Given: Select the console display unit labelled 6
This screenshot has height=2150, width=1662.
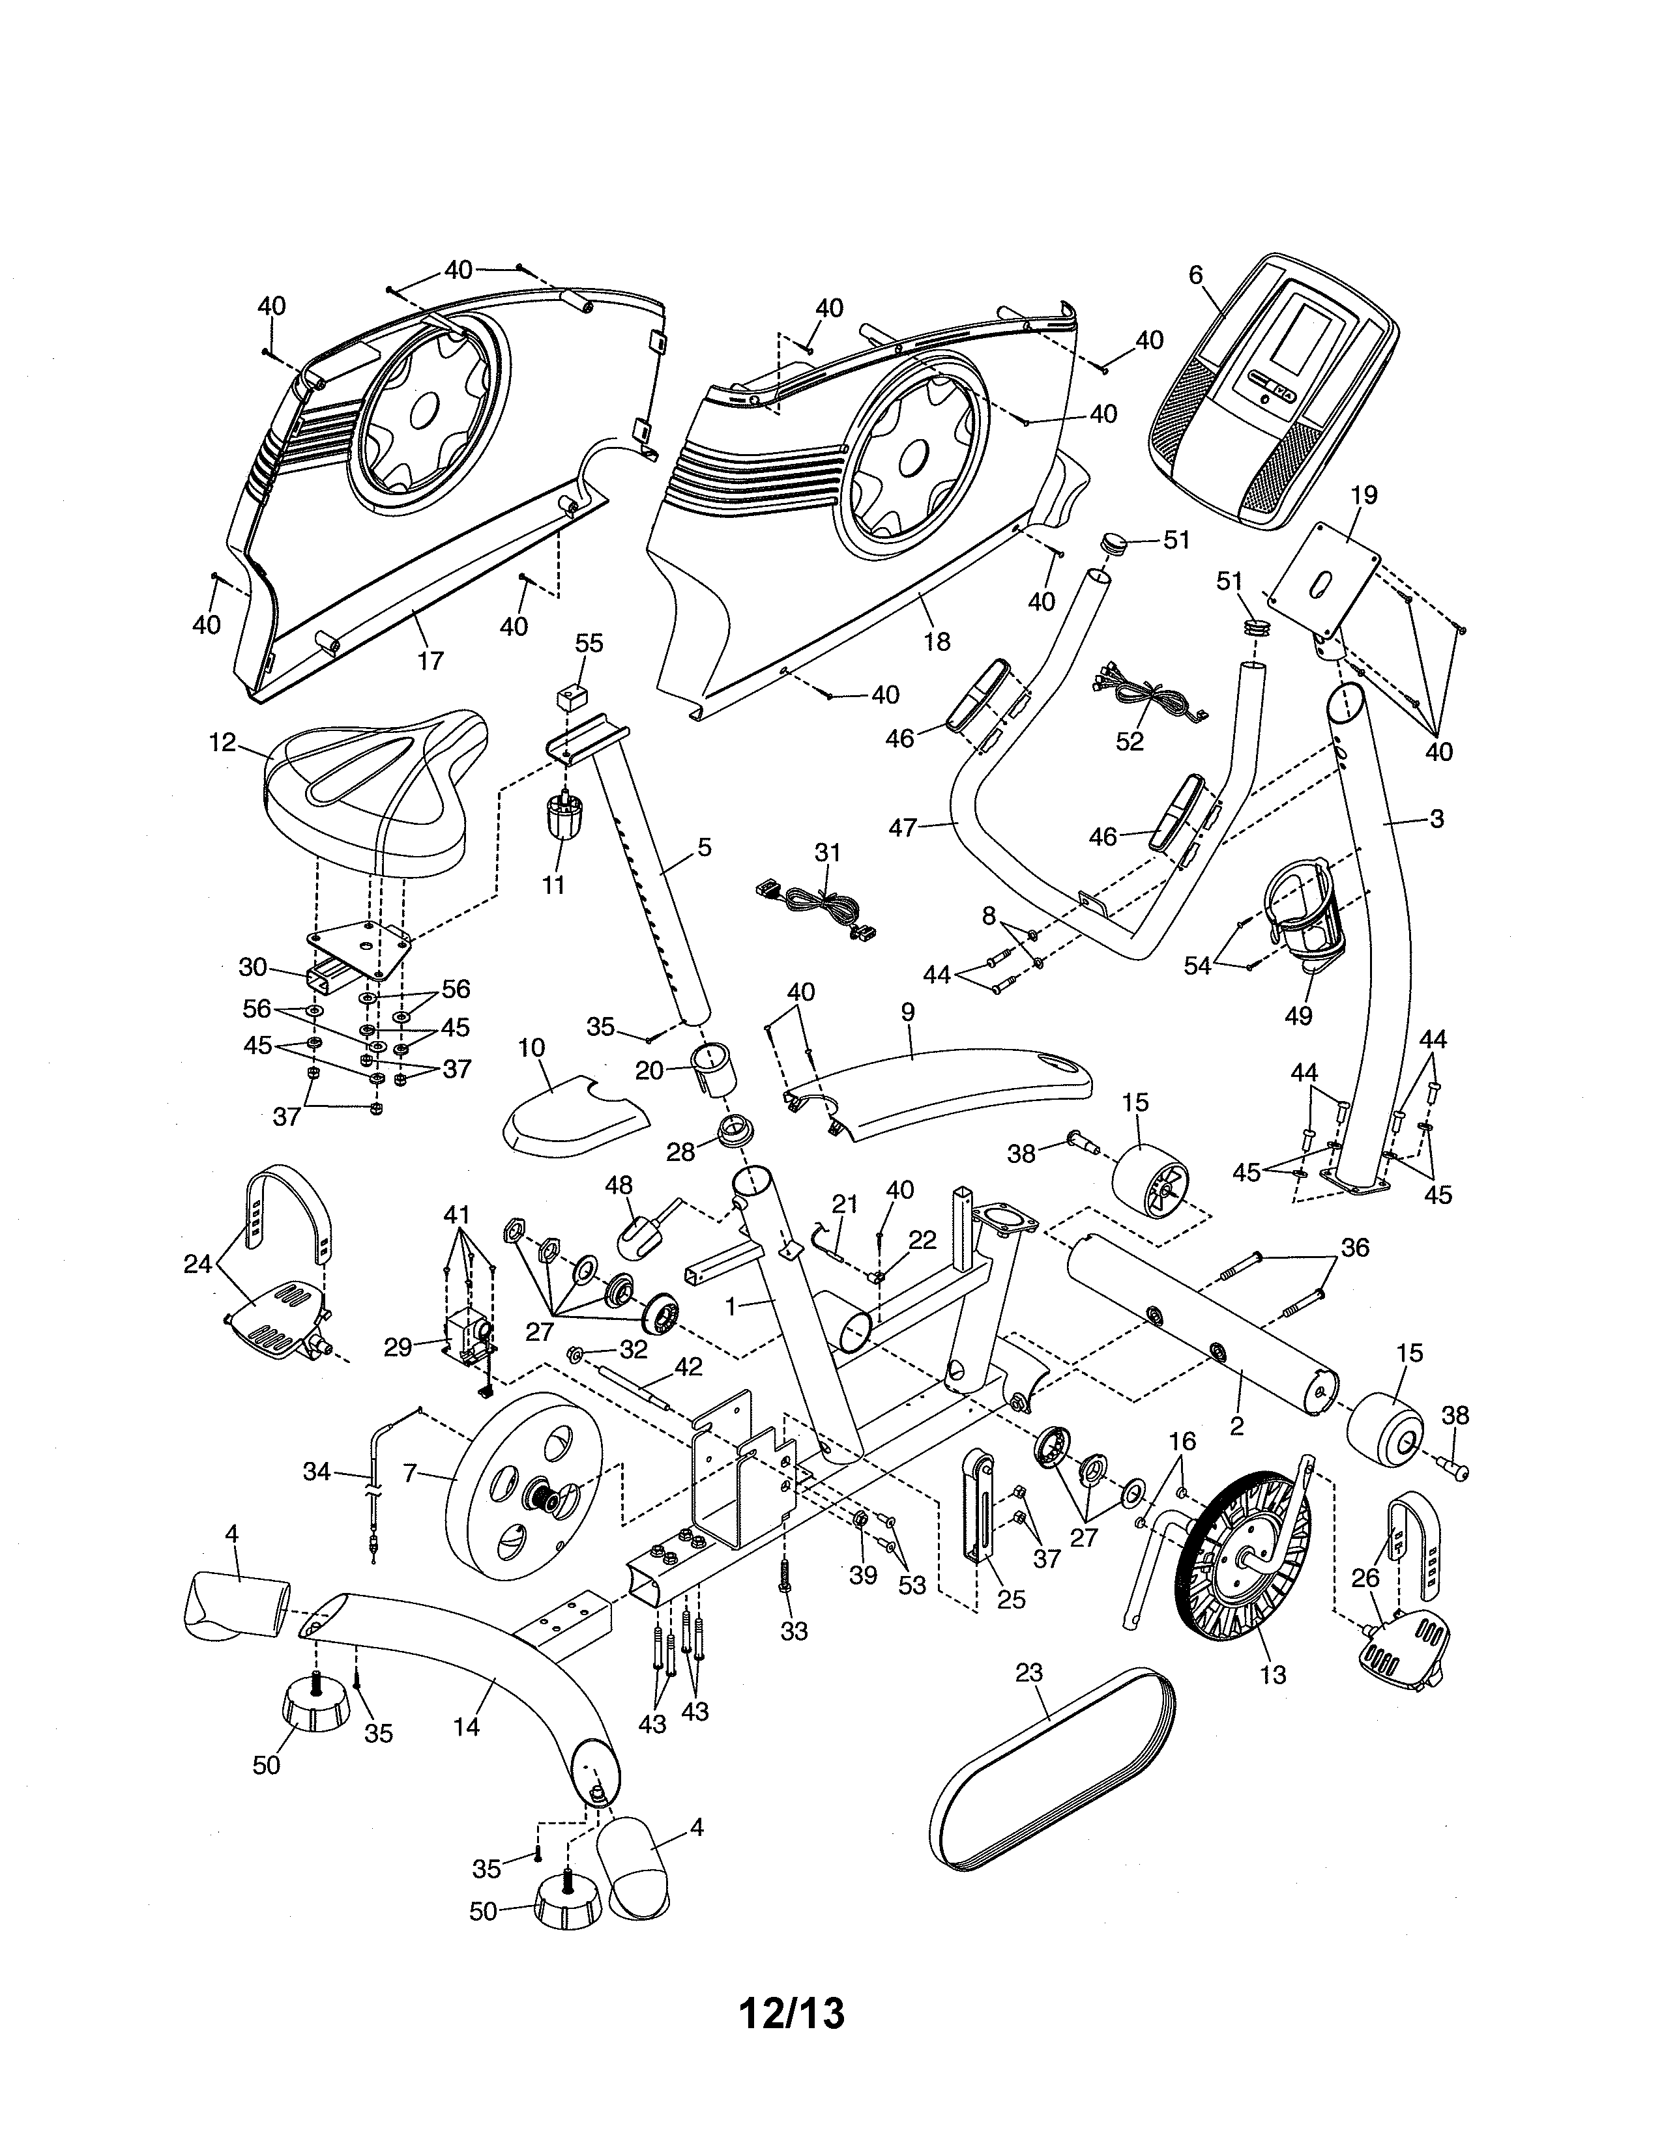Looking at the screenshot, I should tap(1270, 394).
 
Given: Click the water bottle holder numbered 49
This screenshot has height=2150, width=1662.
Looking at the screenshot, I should tap(1305, 911).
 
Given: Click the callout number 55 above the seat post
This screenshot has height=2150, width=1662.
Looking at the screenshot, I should tap(589, 643).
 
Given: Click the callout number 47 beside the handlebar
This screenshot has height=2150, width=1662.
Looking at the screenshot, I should tap(902, 828).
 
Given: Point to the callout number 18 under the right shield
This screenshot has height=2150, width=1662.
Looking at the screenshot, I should tap(937, 641).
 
